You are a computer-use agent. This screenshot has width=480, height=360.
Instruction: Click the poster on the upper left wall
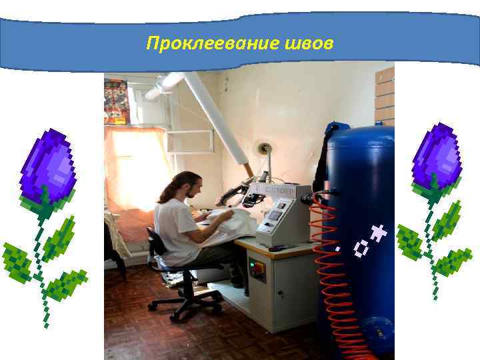[115, 100]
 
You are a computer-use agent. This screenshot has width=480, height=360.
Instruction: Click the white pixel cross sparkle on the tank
[379, 232]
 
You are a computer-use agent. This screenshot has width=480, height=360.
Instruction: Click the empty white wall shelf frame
[189, 141]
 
